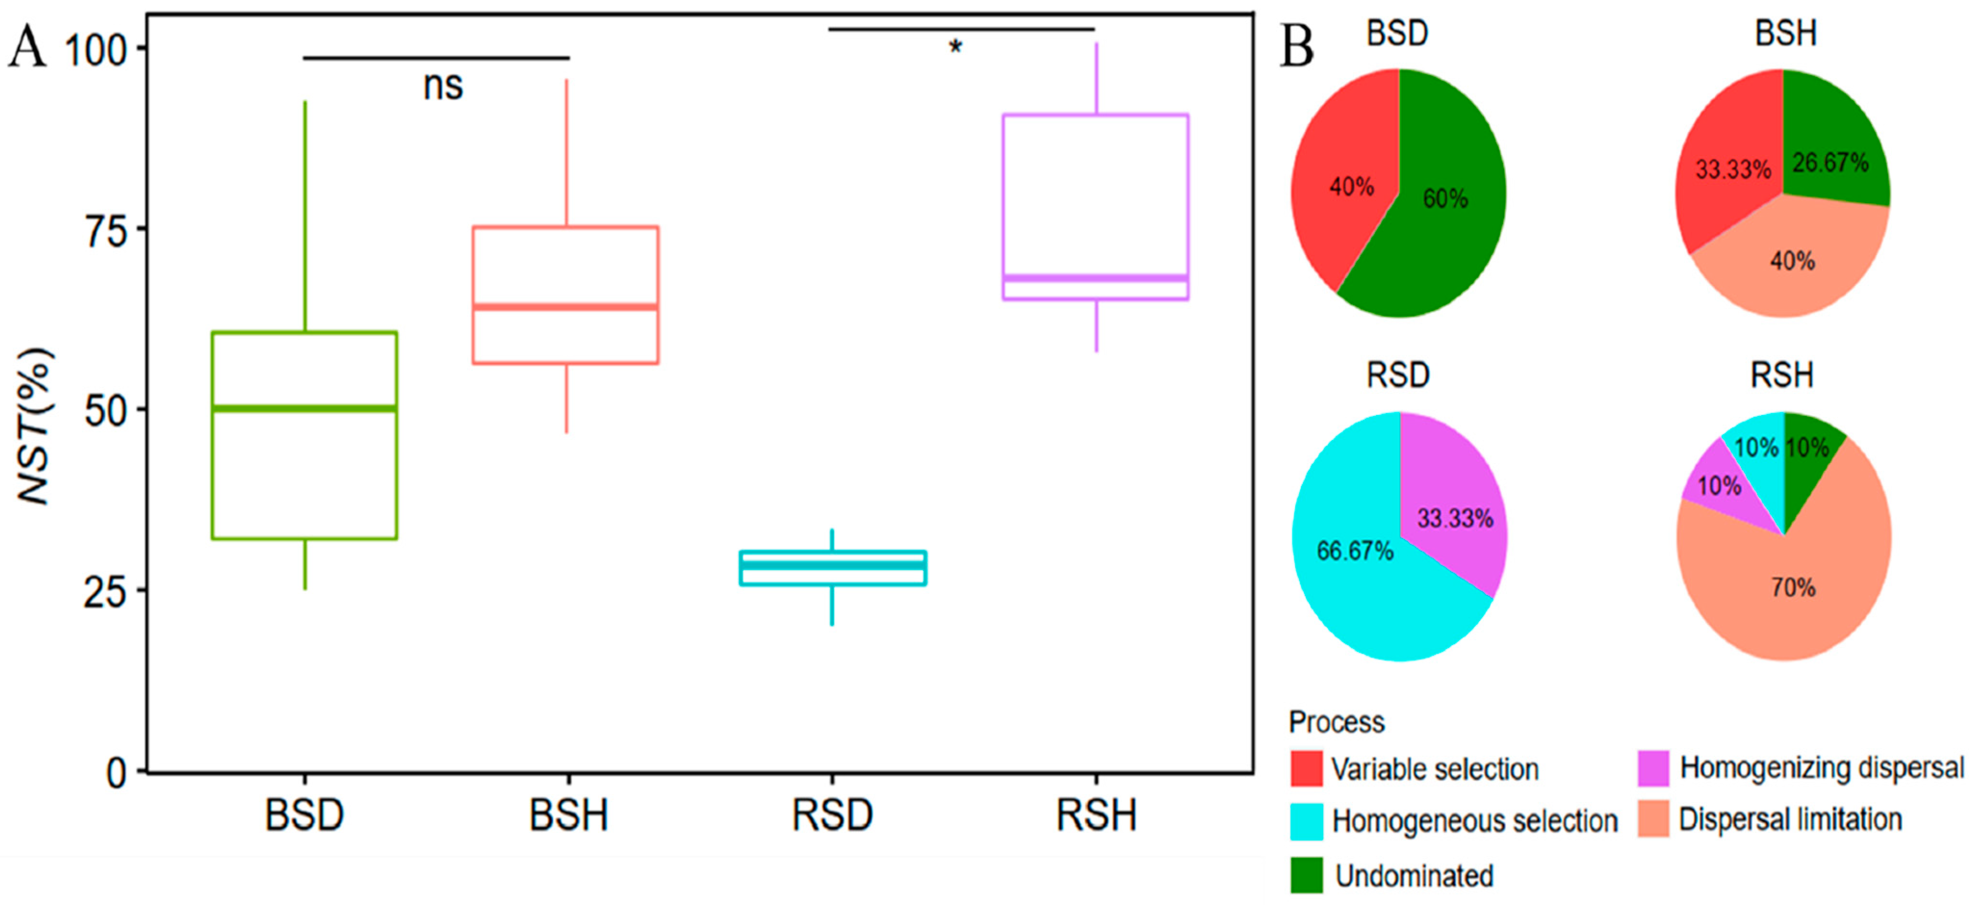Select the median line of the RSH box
(x=1095, y=278)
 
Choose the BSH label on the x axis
(x=568, y=815)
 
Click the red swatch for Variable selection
(x=1306, y=768)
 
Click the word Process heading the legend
(x=1336, y=722)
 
